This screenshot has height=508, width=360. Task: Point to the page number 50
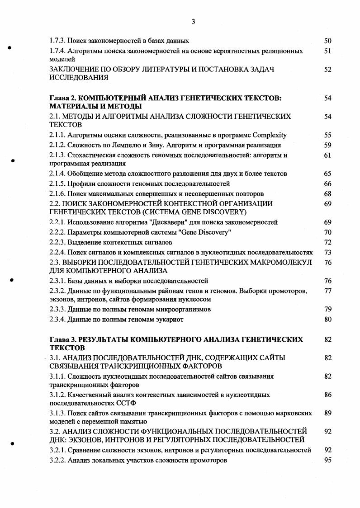coord(328,41)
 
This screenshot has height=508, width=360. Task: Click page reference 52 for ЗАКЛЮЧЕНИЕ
coord(328,70)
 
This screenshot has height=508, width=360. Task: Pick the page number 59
coord(328,145)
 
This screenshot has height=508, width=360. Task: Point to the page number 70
coord(328,232)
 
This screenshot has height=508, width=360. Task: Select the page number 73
coord(328,252)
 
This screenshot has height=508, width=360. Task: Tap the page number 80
coord(328,320)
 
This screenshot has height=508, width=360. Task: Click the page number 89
coord(328,413)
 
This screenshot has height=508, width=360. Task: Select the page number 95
coord(328,460)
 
